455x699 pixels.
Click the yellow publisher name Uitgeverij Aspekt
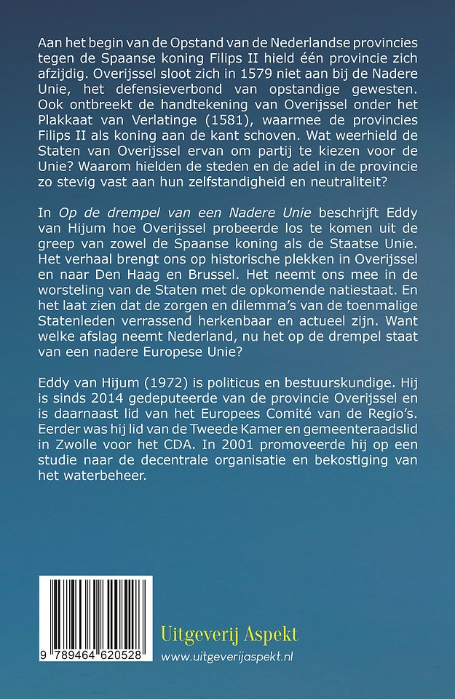click(229, 634)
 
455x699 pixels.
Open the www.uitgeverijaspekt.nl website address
click(231, 657)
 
